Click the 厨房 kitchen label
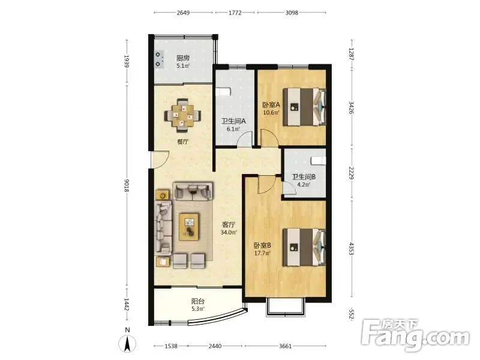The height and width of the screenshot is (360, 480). point(183,58)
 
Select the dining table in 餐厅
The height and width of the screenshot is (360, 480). point(183,115)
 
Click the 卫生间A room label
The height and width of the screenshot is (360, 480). point(233,121)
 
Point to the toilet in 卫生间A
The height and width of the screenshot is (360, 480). point(223,92)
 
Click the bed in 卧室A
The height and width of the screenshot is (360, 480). point(304,107)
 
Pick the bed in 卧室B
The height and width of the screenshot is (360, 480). point(304,247)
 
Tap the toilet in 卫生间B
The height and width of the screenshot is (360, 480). point(319,160)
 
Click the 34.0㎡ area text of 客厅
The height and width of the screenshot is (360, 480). point(229,232)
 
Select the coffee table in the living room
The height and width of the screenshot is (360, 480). point(189,227)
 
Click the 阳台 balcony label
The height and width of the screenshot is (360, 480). point(198,302)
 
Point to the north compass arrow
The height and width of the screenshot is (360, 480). point(127,343)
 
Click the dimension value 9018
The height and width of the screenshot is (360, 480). point(127,185)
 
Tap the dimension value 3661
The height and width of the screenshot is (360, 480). point(285,346)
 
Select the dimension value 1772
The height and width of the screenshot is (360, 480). point(235,13)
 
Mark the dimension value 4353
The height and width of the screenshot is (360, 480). point(352,250)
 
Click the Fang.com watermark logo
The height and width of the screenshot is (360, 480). point(415,336)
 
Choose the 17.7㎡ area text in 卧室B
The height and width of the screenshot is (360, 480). point(262,253)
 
